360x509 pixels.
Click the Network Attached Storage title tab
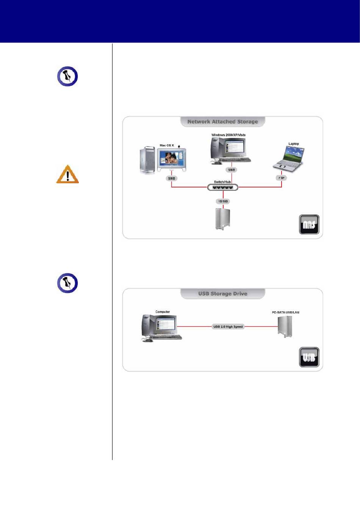[x=222, y=122]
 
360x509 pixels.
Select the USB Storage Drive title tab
[x=222, y=294]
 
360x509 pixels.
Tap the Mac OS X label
[x=167, y=145]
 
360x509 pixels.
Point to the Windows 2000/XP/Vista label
[x=228, y=135]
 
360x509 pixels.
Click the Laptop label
[x=293, y=144]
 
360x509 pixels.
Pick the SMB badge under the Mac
[x=172, y=178]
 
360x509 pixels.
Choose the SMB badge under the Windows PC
[x=232, y=170]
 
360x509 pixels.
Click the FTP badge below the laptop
[x=281, y=178]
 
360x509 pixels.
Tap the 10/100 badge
[x=223, y=201]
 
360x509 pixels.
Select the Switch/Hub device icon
[x=222, y=187]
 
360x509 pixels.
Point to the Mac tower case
[x=148, y=160]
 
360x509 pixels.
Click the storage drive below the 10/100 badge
[x=223, y=219]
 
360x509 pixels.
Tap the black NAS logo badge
[x=309, y=224]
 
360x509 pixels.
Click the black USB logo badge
[x=309, y=357]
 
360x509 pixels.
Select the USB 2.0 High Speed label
[x=228, y=326]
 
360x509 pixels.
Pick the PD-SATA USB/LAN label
[x=285, y=312]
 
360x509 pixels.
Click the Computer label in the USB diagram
[x=163, y=312]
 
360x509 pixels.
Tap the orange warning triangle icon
[x=67, y=174]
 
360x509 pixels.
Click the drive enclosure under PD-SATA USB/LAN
[x=285, y=327]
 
